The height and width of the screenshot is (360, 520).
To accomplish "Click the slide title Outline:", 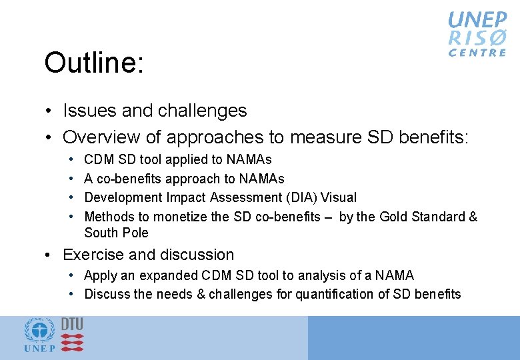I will point(93,64).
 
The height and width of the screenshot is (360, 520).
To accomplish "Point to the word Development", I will point(121,197).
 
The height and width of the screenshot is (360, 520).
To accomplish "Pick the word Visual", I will point(339,197).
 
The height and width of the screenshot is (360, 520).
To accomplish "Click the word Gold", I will point(395,217).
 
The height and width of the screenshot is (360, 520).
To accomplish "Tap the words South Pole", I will point(116,233).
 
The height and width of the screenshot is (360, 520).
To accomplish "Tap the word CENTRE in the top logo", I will point(477,53).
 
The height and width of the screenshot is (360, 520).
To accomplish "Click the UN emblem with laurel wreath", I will point(39,331).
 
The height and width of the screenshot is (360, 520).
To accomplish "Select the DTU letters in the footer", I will point(72,323).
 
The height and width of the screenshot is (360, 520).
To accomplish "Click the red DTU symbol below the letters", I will point(72,342).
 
